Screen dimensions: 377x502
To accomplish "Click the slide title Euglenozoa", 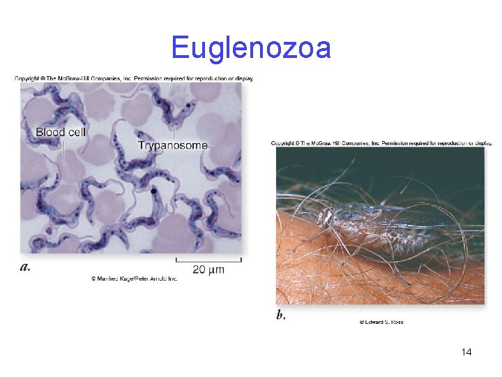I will [251, 48].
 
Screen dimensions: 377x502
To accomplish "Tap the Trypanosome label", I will [172, 145].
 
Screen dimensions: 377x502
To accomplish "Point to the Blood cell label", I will [61, 132].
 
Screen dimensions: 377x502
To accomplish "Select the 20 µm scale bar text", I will [208, 269].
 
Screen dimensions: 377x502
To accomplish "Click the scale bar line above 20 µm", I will [208, 260].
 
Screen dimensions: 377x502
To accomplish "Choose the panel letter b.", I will [280, 316].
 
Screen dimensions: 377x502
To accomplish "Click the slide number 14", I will [466, 352].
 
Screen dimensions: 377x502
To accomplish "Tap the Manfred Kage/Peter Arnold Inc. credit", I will [135, 279].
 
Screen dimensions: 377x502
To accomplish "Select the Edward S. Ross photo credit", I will [381, 322].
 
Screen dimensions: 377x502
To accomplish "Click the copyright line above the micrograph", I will [134, 78].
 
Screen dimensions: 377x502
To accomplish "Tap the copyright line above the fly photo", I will [381, 143].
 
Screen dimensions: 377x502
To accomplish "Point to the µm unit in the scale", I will [217, 269].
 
